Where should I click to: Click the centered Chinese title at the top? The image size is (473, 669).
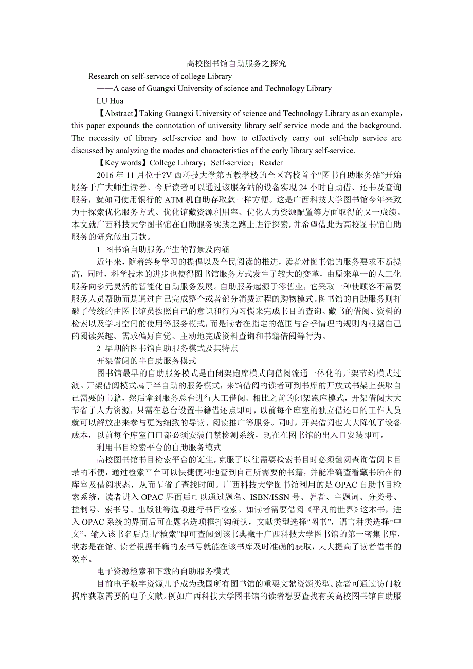(x=236, y=64)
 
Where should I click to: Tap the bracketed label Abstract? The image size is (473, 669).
(x=118, y=113)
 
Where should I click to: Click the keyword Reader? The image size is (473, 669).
(x=271, y=163)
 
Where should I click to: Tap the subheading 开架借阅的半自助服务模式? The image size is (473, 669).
(x=147, y=361)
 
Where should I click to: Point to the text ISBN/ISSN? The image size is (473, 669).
(x=271, y=497)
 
